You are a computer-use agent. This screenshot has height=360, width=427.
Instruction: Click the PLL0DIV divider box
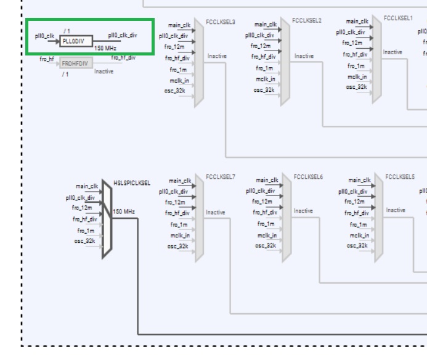click(x=76, y=41)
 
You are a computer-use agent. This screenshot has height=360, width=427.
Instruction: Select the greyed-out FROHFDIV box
click(x=76, y=63)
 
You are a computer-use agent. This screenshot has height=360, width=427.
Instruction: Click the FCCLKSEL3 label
click(x=221, y=22)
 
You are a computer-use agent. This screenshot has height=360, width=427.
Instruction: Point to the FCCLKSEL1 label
click(x=398, y=18)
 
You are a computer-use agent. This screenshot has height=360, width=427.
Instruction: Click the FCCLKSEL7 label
click(x=221, y=177)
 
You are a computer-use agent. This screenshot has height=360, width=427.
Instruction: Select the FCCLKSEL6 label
click(x=308, y=177)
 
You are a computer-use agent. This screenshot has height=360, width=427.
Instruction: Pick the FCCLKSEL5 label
click(x=400, y=177)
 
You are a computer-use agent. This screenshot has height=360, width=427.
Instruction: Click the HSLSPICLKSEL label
click(x=132, y=183)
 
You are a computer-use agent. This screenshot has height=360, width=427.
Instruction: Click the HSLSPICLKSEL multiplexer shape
click(x=107, y=219)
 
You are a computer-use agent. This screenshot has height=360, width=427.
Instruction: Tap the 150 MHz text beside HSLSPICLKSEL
click(x=123, y=211)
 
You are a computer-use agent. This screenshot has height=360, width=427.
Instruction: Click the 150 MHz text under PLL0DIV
click(x=105, y=48)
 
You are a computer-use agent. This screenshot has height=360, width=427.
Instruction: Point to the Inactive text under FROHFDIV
click(x=104, y=72)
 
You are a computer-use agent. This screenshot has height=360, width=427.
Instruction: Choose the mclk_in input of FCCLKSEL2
click(x=266, y=79)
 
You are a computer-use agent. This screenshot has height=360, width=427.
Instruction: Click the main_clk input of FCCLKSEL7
click(x=179, y=181)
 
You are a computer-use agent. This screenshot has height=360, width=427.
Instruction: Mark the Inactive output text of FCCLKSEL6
click(x=303, y=211)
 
